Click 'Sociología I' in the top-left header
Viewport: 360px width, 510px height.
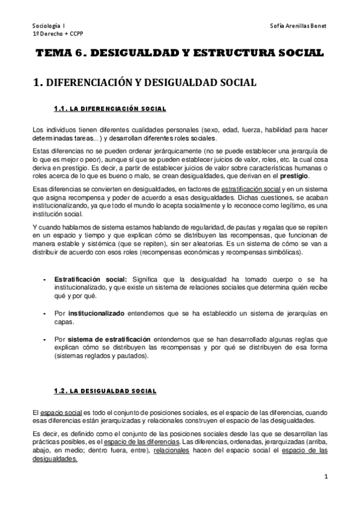(x=50, y=26)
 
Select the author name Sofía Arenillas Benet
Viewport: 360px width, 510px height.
(x=297, y=26)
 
